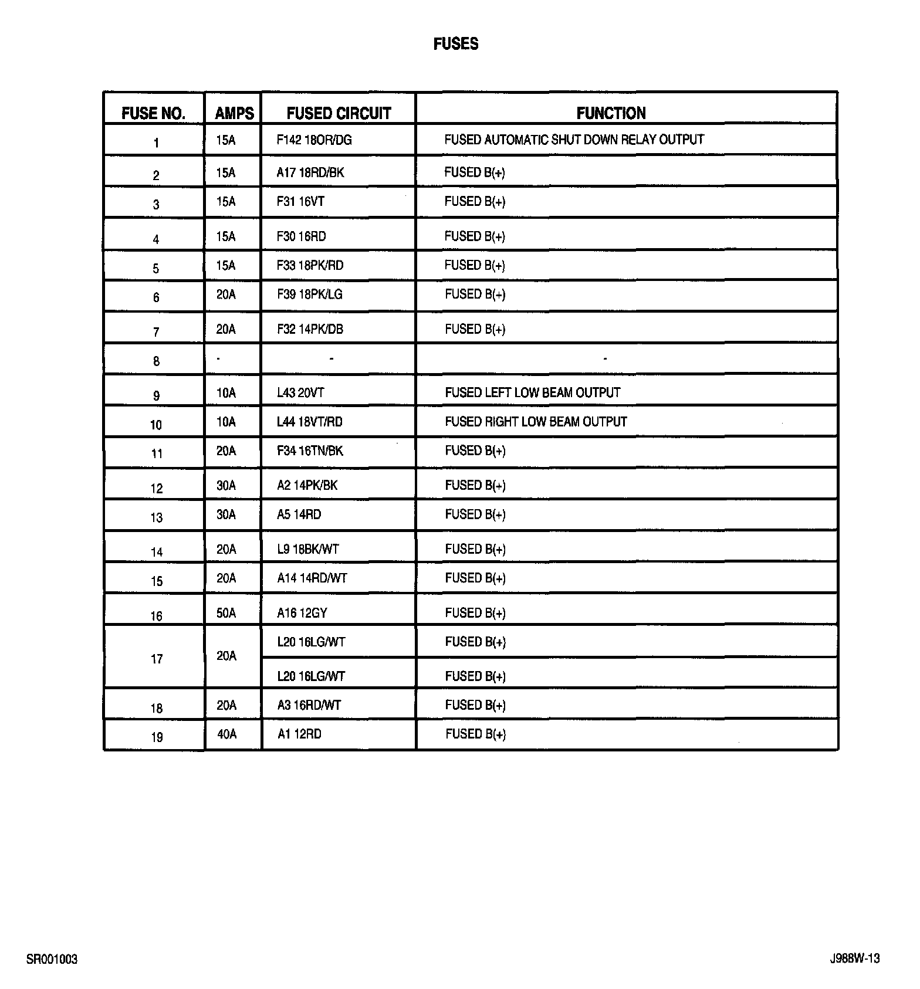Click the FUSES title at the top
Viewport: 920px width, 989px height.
[x=456, y=44]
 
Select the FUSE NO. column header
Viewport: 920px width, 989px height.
[x=153, y=113]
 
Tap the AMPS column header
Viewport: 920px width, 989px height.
[x=234, y=113]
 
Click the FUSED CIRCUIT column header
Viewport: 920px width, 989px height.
[x=339, y=113]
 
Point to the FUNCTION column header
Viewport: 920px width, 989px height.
[x=611, y=113]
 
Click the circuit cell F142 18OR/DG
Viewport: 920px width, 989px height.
[x=314, y=140]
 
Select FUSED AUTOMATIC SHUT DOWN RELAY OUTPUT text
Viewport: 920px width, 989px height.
[x=574, y=140]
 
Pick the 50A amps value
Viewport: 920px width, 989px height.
[x=226, y=613]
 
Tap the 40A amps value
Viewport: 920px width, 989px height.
[x=226, y=734]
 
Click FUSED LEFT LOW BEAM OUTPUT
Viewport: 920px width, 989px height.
[x=532, y=392]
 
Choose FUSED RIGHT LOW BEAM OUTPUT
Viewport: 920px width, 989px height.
[x=536, y=422]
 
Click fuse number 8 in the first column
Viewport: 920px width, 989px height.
[x=156, y=361]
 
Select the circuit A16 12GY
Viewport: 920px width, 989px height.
[x=302, y=613]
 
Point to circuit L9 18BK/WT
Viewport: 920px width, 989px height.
[x=308, y=549]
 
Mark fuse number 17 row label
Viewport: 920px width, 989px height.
[x=157, y=659]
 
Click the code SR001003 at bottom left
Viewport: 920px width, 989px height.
[x=52, y=960]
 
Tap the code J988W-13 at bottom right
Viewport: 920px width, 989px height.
[x=854, y=959]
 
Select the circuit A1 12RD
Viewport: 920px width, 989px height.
[x=299, y=734]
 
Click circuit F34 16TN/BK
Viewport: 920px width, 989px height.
[x=310, y=451]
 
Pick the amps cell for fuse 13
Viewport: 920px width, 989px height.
[x=226, y=514]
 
